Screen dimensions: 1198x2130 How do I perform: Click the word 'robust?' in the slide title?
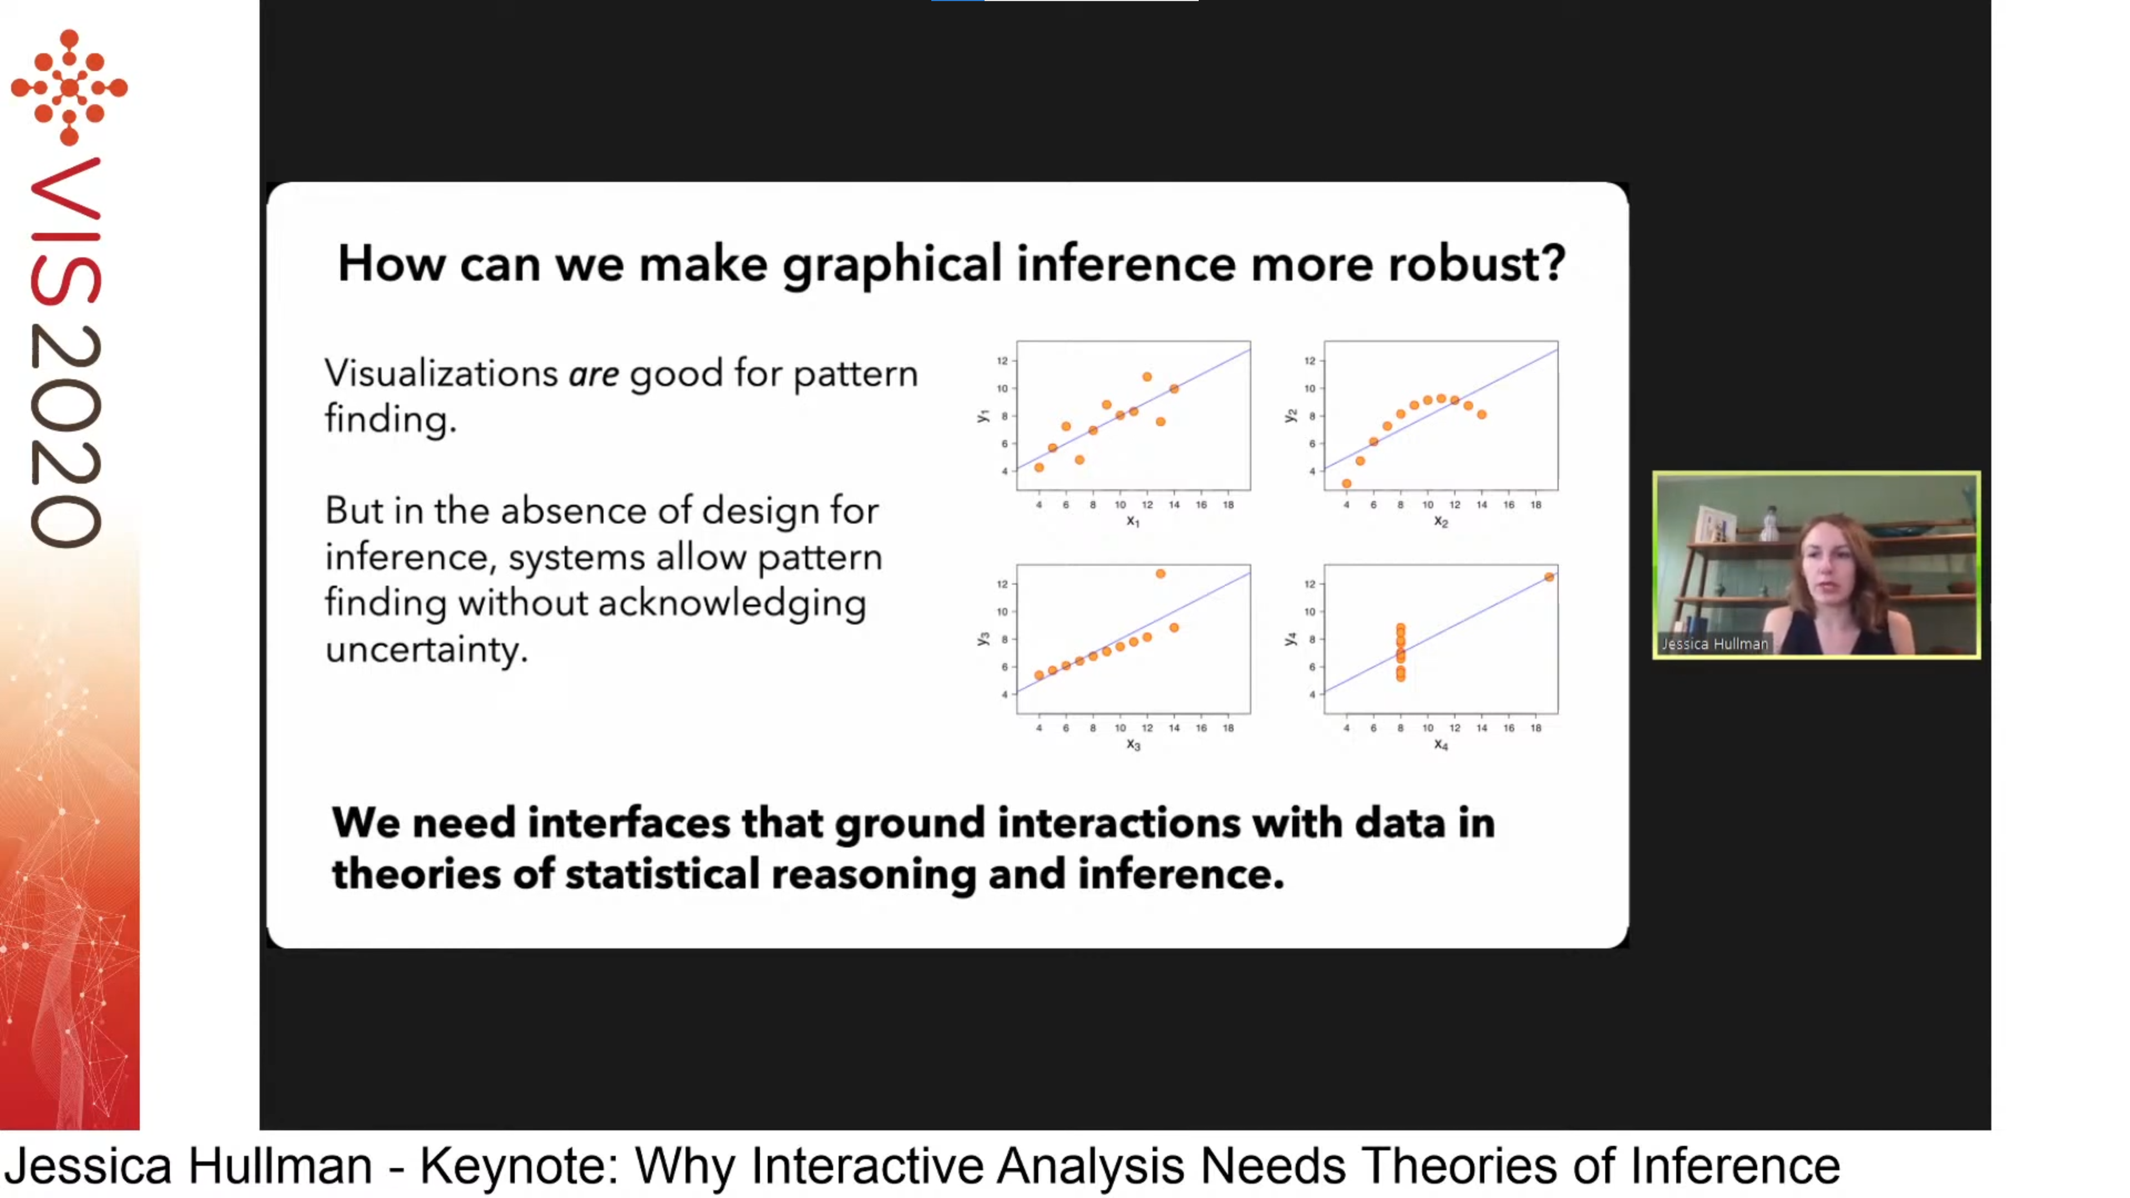pos(1476,265)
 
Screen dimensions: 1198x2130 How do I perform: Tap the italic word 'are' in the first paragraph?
pos(593,374)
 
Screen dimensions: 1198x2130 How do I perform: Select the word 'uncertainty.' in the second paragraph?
pos(426,650)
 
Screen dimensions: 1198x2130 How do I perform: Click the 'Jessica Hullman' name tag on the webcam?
pos(1714,643)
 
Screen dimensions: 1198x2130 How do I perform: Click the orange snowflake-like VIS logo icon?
pos(69,87)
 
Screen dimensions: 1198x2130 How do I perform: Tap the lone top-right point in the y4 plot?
pos(1549,577)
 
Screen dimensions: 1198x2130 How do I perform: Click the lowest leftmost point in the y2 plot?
pos(1346,484)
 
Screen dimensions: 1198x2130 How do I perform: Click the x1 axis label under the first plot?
pos(1133,522)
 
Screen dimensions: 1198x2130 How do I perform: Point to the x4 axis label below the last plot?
pos(1441,745)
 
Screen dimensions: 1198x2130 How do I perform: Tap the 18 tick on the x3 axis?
pos(1228,728)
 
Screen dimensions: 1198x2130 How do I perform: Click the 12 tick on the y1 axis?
pos(1002,361)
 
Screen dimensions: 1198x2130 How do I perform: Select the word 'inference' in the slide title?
pos(1125,265)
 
